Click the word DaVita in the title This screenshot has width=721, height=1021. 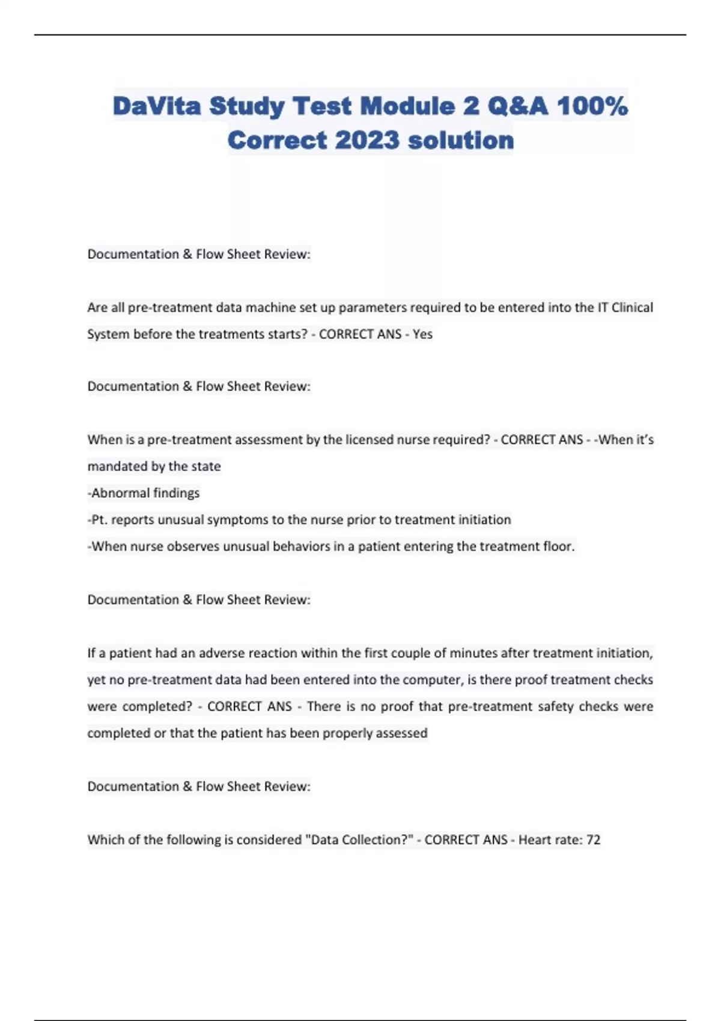(157, 106)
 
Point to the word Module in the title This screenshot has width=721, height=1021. (407, 106)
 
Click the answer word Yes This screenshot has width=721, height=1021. (422, 334)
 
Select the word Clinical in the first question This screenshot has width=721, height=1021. (632, 308)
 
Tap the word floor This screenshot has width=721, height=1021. (557, 547)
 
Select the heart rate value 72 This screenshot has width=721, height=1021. (593, 840)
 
